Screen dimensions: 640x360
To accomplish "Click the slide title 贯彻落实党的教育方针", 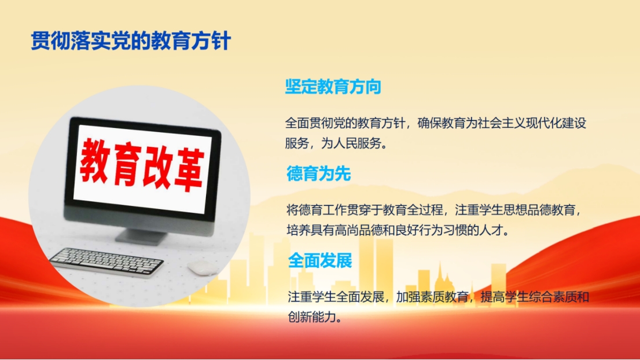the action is pos(131,41).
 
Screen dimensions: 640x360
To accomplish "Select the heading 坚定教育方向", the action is pos(333,87).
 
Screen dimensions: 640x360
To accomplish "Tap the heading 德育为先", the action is pos(319,174).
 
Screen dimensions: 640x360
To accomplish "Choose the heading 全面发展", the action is pos(320,260).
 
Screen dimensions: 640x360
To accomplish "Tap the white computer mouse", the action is pos(203,267).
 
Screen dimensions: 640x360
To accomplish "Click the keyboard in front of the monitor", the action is pos(106,262).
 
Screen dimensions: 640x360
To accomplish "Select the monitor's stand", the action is pos(141,236).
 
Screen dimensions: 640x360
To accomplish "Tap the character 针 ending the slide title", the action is pos(221,41).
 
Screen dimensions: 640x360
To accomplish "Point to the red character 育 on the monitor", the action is pos(126,164).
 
